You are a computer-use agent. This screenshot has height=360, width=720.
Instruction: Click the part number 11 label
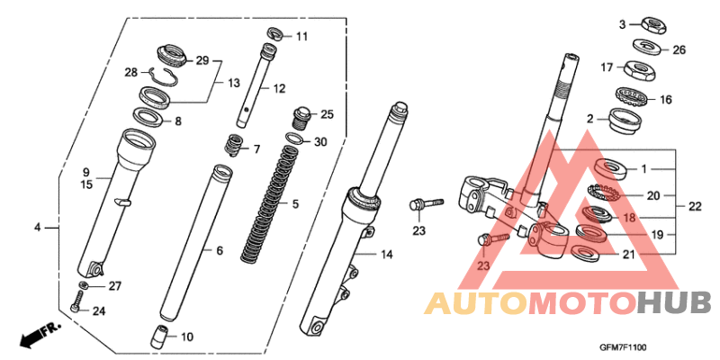[x=301, y=37]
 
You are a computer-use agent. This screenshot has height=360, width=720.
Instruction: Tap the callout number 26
[x=679, y=49]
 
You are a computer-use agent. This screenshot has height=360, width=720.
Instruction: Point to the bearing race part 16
[x=635, y=94]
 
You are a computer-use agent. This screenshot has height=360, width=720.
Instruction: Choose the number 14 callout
[x=386, y=256]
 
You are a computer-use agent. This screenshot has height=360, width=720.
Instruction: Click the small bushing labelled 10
[x=234, y=143]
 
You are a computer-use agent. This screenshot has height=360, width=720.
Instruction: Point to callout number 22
[x=694, y=206]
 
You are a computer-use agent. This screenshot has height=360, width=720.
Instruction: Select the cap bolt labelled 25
[x=301, y=116]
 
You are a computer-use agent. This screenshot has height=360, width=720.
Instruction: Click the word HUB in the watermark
[x=674, y=303]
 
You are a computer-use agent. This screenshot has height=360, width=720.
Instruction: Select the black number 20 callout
[x=653, y=194]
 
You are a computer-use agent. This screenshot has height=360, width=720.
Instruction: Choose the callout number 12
[x=279, y=89]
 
